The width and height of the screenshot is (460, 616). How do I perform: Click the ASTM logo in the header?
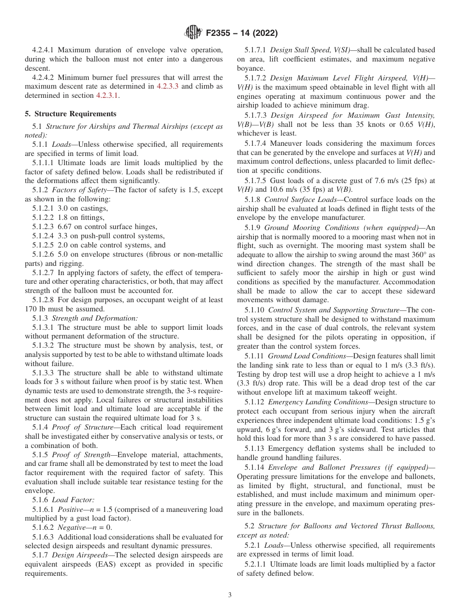[193, 33]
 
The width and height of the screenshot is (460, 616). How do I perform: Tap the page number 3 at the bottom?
[230, 595]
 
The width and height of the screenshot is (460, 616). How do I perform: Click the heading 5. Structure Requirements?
[70, 114]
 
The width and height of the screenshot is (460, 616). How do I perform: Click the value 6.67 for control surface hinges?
[66, 227]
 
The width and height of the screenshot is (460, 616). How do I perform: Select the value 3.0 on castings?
[63, 208]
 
